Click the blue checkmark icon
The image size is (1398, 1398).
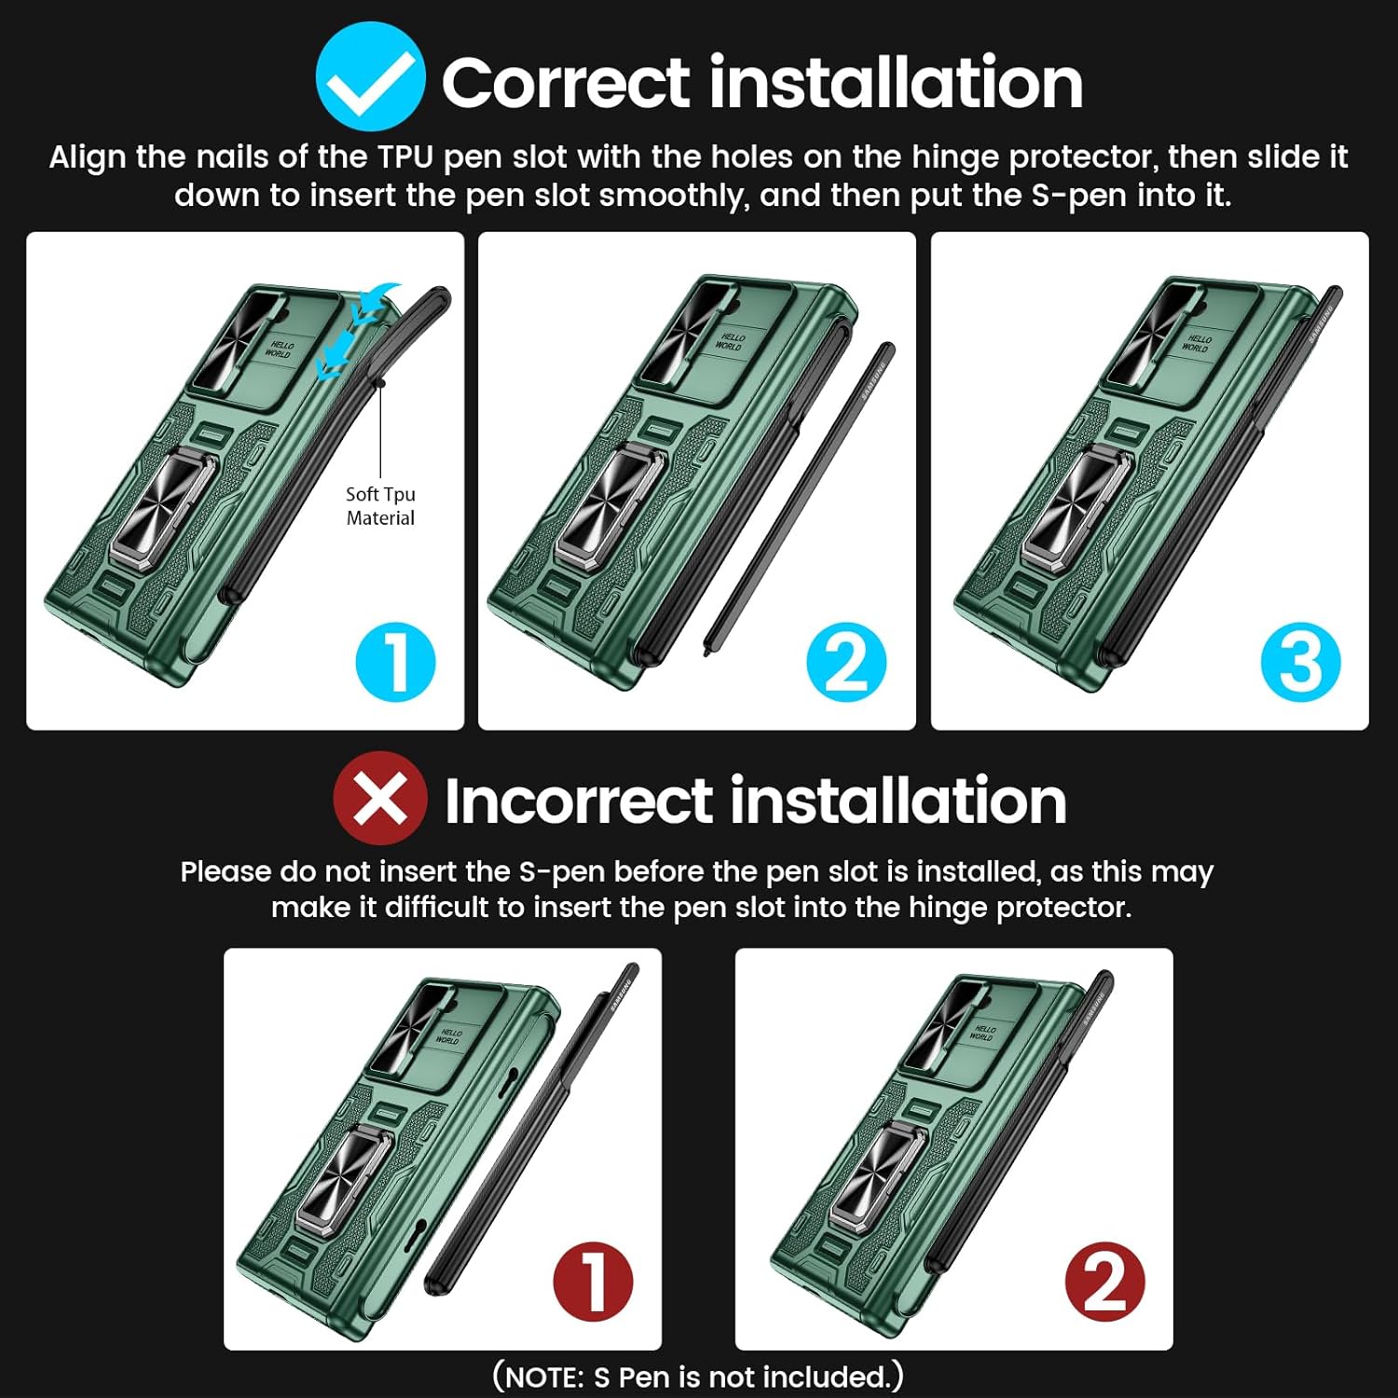(371, 78)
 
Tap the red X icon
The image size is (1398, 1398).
(380, 799)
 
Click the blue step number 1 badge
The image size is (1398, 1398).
(396, 662)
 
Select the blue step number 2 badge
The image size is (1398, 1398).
(846, 662)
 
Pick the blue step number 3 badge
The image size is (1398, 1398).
(1300, 662)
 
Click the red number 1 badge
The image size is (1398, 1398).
(593, 1281)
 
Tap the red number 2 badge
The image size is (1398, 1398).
(1104, 1281)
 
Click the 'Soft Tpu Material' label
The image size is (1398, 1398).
(380, 506)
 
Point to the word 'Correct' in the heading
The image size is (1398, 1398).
(566, 82)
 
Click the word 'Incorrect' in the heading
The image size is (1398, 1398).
(579, 802)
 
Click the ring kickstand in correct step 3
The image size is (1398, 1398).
(1076, 508)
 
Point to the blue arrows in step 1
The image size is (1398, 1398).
(359, 331)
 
